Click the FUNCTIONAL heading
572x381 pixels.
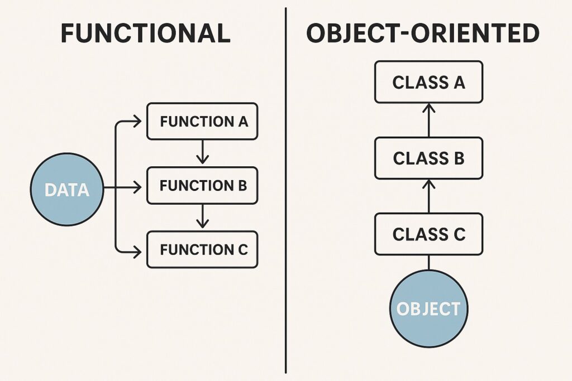click(x=145, y=33)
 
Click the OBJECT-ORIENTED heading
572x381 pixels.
click(x=423, y=33)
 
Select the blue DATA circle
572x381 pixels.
click(x=67, y=190)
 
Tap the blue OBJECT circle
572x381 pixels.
click(x=428, y=308)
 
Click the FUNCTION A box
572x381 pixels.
click(x=202, y=121)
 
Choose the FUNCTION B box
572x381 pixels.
click(x=202, y=185)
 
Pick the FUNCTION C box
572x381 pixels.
click(x=202, y=249)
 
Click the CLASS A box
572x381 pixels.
click(x=428, y=82)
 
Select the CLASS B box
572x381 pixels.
click(x=428, y=158)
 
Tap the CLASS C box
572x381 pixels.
click(x=428, y=234)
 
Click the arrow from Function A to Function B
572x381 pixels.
click(x=203, y=152)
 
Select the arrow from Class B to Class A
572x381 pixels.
click(x=428, y=120)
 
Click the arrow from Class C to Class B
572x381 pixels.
click(x=428, y=196)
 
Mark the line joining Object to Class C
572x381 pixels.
click(x=428, y=262)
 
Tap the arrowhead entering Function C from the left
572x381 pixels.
click(x=137, y=252)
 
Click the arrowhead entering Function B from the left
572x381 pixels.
click(x=137, y=189)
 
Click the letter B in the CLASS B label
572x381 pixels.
click(x=458, y=158)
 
